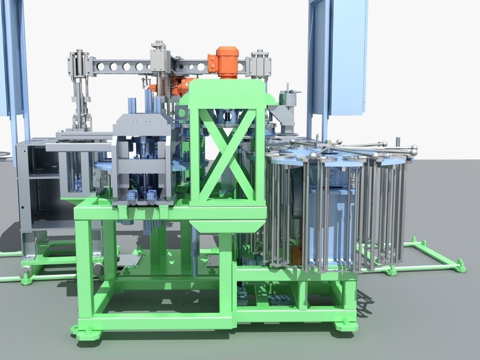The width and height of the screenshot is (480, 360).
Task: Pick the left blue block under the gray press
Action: point(132,196)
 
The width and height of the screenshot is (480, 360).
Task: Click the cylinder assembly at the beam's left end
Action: point(78,66)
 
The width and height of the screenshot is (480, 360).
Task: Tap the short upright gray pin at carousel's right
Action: point(398,142)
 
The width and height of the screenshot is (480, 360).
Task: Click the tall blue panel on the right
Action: point(338,56)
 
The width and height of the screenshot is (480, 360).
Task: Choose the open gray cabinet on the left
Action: point(38,188)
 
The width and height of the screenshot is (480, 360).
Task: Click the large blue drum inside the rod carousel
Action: point(332,224)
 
